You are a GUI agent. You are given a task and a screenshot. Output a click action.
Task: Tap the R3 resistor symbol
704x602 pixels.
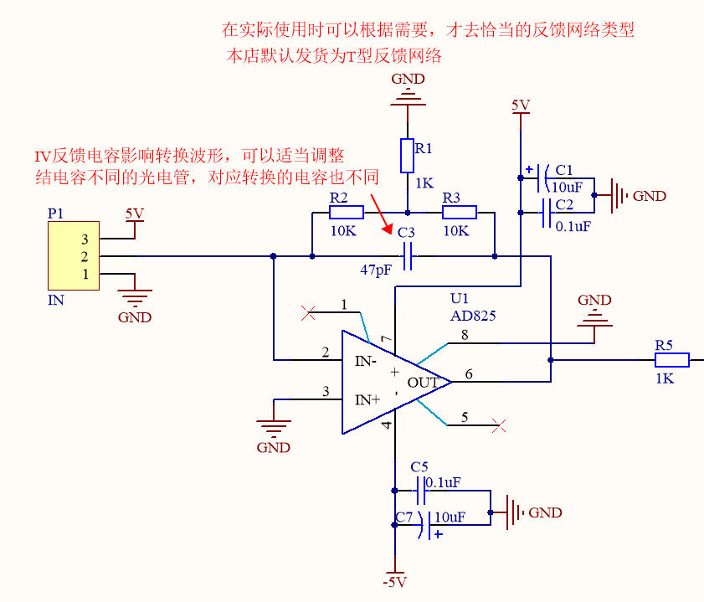[459, 212]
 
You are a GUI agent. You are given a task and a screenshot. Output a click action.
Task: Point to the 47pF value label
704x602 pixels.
[376, 270]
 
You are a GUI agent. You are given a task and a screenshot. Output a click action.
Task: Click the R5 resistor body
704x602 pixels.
[671, 360]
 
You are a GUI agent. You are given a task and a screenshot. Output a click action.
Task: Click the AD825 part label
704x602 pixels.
[473, 316]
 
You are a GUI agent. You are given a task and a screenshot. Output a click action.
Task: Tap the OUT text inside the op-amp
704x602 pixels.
[423, 383]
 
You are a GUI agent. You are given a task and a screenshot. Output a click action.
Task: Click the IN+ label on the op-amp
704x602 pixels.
[367, 400]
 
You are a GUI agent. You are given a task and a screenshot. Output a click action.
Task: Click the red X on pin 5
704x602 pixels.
[500, 426]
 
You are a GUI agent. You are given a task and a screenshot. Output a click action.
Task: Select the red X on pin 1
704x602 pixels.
[307, 314]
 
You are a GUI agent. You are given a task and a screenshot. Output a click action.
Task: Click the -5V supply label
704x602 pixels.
[393, 582]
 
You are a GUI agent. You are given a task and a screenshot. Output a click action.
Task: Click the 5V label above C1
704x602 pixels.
[521, 105]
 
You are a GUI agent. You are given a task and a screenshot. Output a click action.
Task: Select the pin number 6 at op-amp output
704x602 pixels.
[470, 374]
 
